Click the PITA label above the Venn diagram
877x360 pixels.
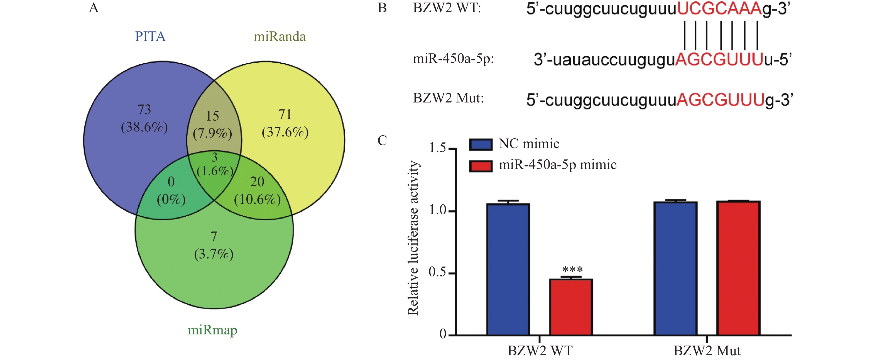click(150, 36)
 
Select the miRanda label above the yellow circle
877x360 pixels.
click(280, 36)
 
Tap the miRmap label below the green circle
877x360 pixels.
click(212, 330)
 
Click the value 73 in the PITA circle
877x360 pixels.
click(144, 110)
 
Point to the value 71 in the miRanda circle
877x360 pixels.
click(285, 114)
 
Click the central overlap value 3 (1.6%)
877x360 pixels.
click(214, 165)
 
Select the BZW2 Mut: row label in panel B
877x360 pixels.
click(448, 98)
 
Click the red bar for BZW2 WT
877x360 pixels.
click(571, 307)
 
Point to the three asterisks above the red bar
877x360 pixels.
click(573, 270)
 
